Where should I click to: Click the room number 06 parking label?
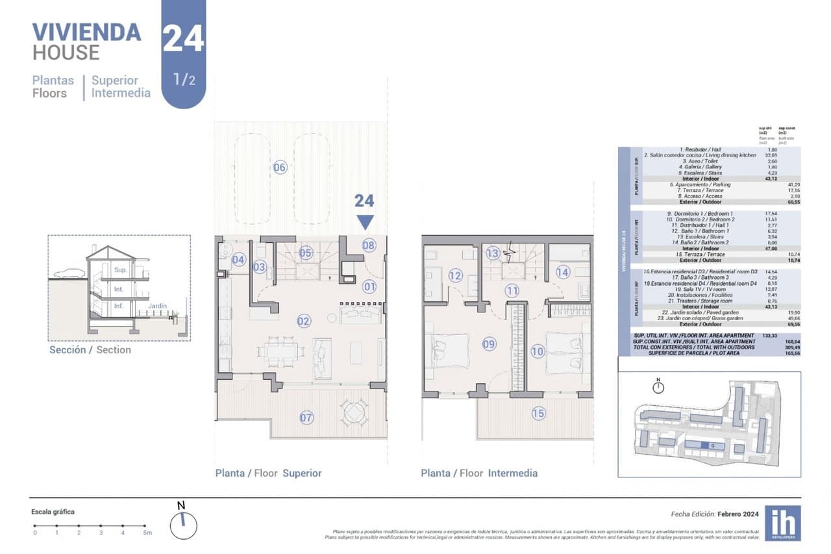click(x=280, y=168)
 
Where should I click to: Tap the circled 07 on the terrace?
click(x=306, y=418)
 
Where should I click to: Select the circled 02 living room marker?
click(x=303, y=320)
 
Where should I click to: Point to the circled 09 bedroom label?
click(x=489, y=344)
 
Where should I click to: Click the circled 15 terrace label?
click(x=538, y=413)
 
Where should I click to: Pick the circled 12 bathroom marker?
click(x=455, y=276)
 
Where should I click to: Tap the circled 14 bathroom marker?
click(x=562, y=272)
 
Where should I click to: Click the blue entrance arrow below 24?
click(x=365, y=223)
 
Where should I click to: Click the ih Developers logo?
click(x=782, y=523)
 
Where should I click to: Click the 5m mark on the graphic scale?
click(x=147, y=533)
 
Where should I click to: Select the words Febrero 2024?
click(x=738, y=513)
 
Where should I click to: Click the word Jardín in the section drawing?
click(x=156, y=306)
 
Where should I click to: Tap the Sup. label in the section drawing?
click(x=121, y=270)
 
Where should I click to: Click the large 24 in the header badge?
click(x=183, y=39)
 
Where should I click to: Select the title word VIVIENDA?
click(x=86, y=32)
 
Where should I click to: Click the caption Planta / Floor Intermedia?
click(x=479, y=473)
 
